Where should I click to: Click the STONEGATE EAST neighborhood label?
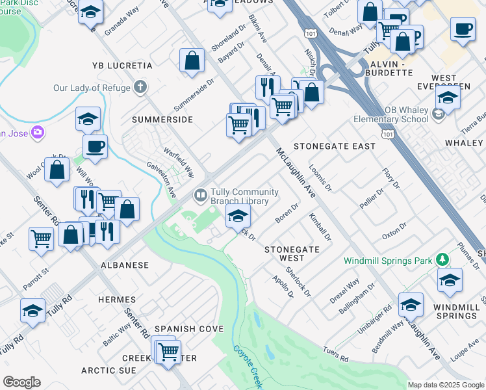point(335,146)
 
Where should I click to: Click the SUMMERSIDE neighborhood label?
point(162,120)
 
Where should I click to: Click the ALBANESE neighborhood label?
point(125,265)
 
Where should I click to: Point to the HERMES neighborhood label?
point(117,300)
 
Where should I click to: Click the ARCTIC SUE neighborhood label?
point(109,370)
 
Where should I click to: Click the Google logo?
point(21,382)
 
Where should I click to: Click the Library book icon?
point(201,194)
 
